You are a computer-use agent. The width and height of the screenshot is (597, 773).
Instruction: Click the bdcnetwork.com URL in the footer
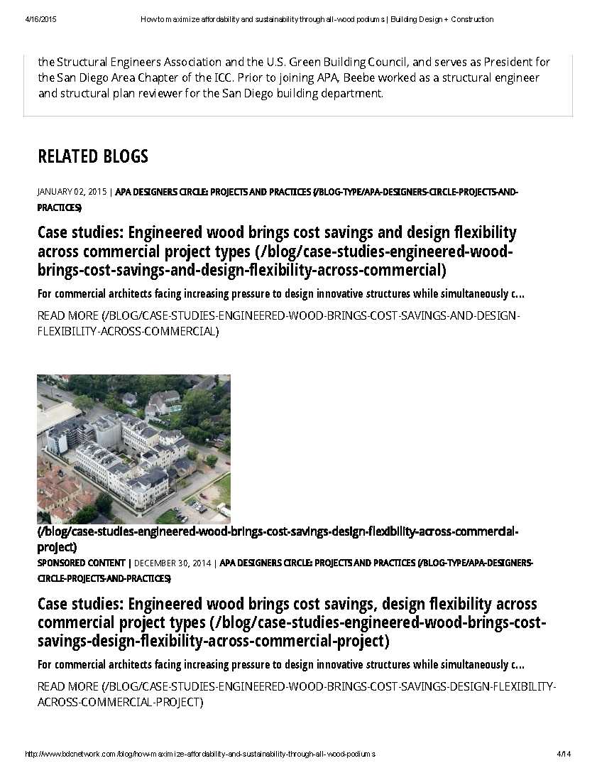[x=199, y=753]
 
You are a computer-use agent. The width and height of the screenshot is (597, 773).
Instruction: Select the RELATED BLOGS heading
[x=93, y=156]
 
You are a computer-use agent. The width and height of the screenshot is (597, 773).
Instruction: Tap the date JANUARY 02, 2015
[x=72, y=192]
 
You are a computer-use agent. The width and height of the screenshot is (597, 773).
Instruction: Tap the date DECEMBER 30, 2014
[x=172, y=563]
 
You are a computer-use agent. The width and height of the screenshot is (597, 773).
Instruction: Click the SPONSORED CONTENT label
[x=81, y=563]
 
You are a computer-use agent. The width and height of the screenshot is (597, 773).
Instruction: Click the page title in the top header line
[x=317, y=19]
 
